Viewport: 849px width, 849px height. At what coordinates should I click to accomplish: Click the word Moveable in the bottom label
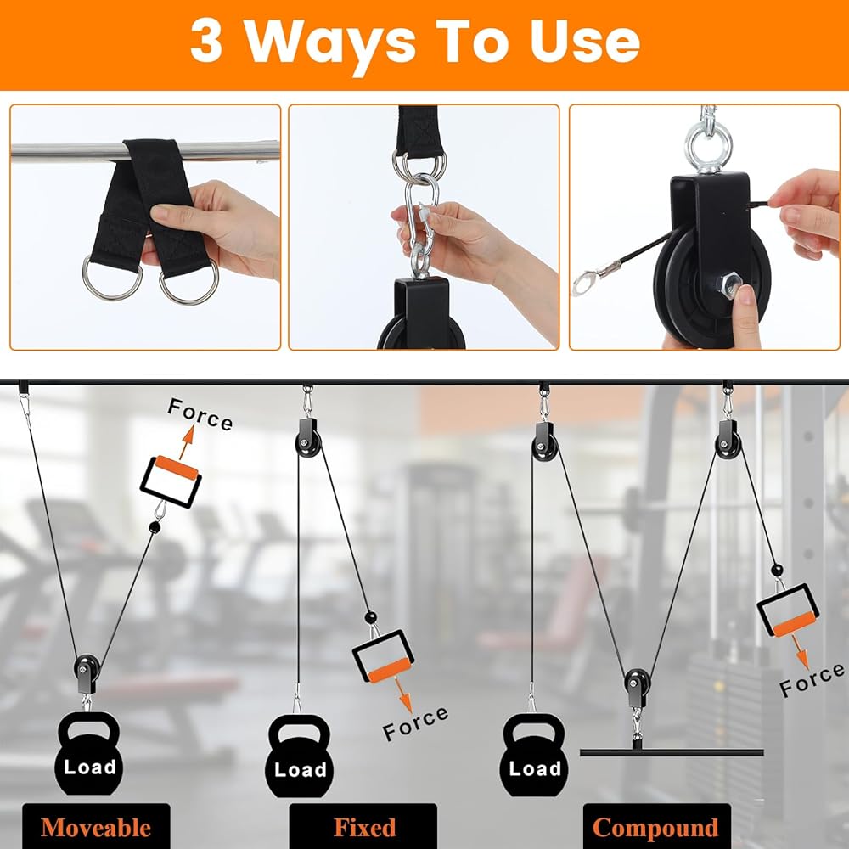click(x=95, y=828)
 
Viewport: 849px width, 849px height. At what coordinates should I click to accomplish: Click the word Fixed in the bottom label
click(x=364, y=827)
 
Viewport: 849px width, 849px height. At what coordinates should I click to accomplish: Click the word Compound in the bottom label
click(x=655, y=829)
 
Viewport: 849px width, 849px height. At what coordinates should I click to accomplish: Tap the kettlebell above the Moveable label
click(x=89, y=753)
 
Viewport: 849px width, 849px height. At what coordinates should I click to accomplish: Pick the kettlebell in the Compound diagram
click(x=534, y=755)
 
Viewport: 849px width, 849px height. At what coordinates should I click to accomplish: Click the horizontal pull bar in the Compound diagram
click(x=672, y=752)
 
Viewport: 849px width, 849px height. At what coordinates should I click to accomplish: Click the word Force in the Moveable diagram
click(x=200, y=414)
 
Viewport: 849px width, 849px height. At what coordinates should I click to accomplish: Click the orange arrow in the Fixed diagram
click(x=403, y=694)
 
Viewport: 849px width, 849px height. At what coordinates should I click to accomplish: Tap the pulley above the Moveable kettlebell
click(x=87, y=673)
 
